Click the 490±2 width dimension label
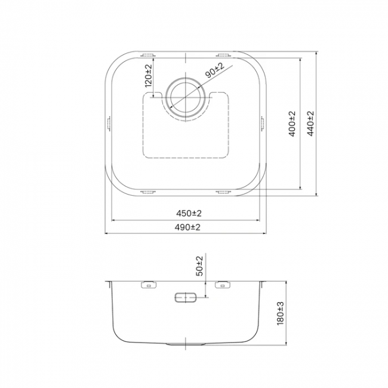coord(187,227)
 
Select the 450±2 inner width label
coord(189,213)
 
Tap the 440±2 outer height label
coord(310,124)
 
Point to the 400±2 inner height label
coord(292,124)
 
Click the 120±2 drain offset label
coord(148,76)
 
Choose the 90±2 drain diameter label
coord(214,70)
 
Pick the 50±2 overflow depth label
coord(199,266)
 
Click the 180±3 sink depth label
coord(280,313)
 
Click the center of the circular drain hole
coord(186,97)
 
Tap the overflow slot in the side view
coord(186,297)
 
